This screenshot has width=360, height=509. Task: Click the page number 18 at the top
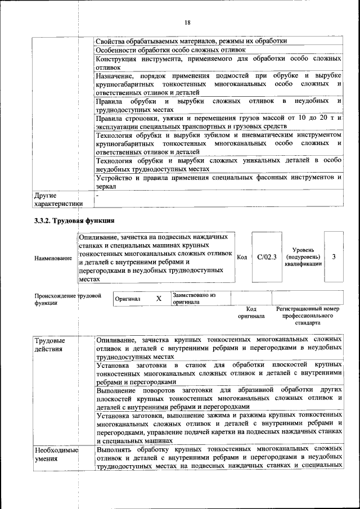(x=187, y=22)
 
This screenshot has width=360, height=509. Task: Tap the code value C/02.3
(x=267, y=257)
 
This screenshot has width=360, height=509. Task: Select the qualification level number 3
(x=334, y=257)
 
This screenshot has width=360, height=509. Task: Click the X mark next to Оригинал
(x=159, y=299)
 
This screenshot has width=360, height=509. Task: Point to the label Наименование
(x=53, y=258)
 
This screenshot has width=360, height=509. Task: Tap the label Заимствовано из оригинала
(x=194, y=298)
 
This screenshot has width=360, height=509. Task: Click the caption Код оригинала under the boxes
(x=251, y=312)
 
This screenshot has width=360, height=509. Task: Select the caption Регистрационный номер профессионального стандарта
(x=308, y=316)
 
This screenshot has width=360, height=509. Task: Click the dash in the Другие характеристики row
(x=97, y=196)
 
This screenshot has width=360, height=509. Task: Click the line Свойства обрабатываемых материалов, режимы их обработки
(x=191, y=41)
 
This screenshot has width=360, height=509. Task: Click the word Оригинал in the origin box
(x=128, y=299)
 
